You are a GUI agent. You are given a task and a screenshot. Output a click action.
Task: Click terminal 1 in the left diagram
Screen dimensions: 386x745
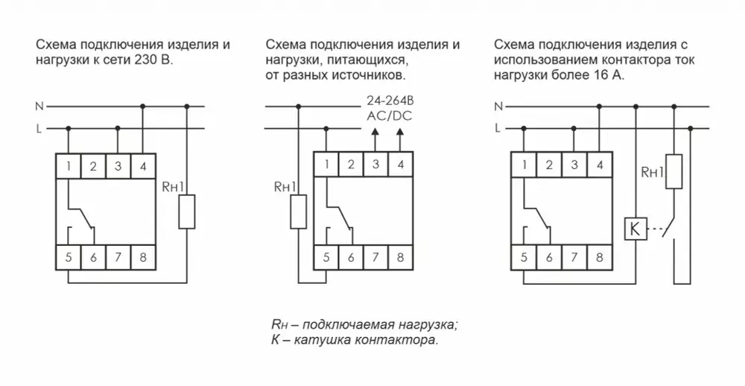pyautogui.click(x=69, y=165)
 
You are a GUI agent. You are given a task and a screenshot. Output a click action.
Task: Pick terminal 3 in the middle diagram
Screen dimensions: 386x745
pyautogui.click(x=375, y=165)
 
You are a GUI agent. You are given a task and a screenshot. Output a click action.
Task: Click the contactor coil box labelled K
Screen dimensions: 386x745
pyautogui.click(x=635, y=230)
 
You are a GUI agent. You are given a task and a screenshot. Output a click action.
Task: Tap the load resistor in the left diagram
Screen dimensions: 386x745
pyautogui.click(x=187, y=212)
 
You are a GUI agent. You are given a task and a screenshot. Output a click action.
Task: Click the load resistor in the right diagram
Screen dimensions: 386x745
pyautogui.click(x=674, y=171)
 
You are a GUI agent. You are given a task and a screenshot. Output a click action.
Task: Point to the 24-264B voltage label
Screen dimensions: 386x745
pyautogui.click(x=387, y=100)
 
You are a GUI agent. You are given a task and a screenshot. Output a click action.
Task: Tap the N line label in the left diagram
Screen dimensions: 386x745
pyautogui.click(x=39, y=107)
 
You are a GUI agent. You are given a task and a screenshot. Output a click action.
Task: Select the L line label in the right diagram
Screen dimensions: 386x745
pyautogui.click(x=497, y=129)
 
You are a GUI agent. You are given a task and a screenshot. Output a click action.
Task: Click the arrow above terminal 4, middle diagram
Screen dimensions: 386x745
pyautogui.click(x=400, y=133)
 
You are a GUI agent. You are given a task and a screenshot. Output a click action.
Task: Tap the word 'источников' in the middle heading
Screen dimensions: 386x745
pyautogui.click(x=373, y=76)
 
